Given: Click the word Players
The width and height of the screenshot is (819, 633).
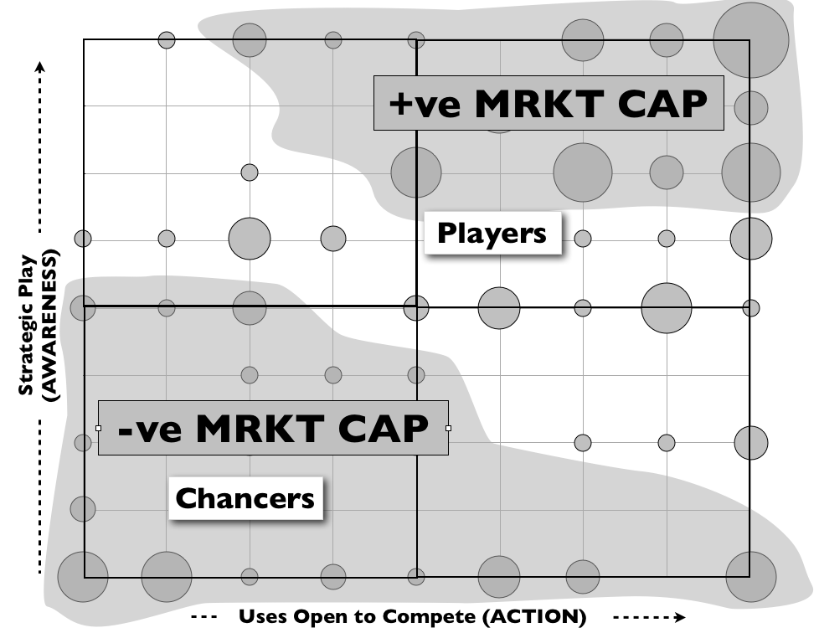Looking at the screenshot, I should tap(492, 233).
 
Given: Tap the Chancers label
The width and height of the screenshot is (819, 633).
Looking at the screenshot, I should tap(245, 498).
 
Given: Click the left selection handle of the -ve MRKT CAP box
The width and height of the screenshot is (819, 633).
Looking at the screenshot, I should tap(99, 428).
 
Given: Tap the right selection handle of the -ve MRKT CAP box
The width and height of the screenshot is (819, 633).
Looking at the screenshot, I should tap(448, 428).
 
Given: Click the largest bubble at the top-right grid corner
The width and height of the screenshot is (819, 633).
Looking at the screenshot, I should tap(751, 40).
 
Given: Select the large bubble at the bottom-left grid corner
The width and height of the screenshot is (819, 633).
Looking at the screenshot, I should tap(82, 577).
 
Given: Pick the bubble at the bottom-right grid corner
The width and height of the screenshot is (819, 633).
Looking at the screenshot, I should tap(749, 577).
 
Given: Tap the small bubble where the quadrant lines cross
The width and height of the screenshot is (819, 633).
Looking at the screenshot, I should tap(416, 307).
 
